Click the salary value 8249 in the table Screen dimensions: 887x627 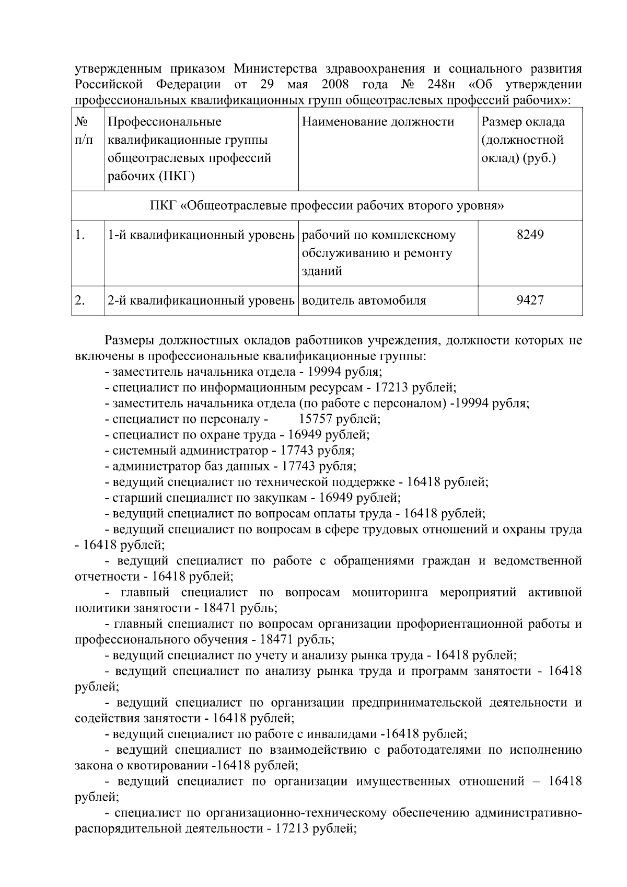point(530,235)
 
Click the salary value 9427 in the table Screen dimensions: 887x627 point(530,301)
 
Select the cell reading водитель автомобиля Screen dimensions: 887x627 point(364,301)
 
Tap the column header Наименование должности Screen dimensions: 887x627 point(378,122)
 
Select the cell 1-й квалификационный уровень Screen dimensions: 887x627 point(201,235)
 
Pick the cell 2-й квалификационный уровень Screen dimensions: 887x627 point(201,301)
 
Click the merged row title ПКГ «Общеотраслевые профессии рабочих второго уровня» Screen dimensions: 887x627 point(327,205)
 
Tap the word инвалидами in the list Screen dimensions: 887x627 point(347,734)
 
